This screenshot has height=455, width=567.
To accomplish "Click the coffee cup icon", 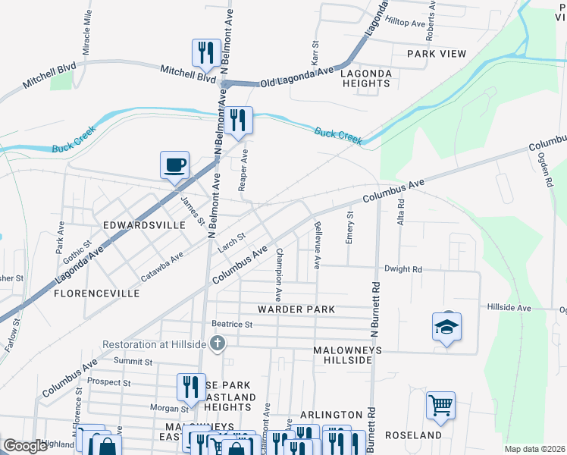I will click(175, 165).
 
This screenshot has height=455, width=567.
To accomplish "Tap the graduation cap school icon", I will click(447, 327).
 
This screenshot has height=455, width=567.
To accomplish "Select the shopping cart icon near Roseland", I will click(440, 406).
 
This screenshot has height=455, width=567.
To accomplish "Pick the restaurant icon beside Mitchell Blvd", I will click(206, 52).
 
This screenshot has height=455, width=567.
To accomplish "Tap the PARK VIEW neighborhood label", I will click(436, 54).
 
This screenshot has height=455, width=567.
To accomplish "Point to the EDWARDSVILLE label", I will click(144, 226).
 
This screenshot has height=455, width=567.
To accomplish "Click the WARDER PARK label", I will click(296, 310).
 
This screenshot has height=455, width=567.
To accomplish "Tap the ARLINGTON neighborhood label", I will click(331, 415).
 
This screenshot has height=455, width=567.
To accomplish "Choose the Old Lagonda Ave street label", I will click(296, 77).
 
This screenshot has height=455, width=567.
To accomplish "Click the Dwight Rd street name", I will click(403, 269).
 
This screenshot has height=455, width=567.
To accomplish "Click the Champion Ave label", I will click(279, 270).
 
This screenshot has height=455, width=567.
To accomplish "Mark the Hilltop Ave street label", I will click(405, 23).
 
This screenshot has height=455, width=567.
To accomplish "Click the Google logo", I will click(26, 447).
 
